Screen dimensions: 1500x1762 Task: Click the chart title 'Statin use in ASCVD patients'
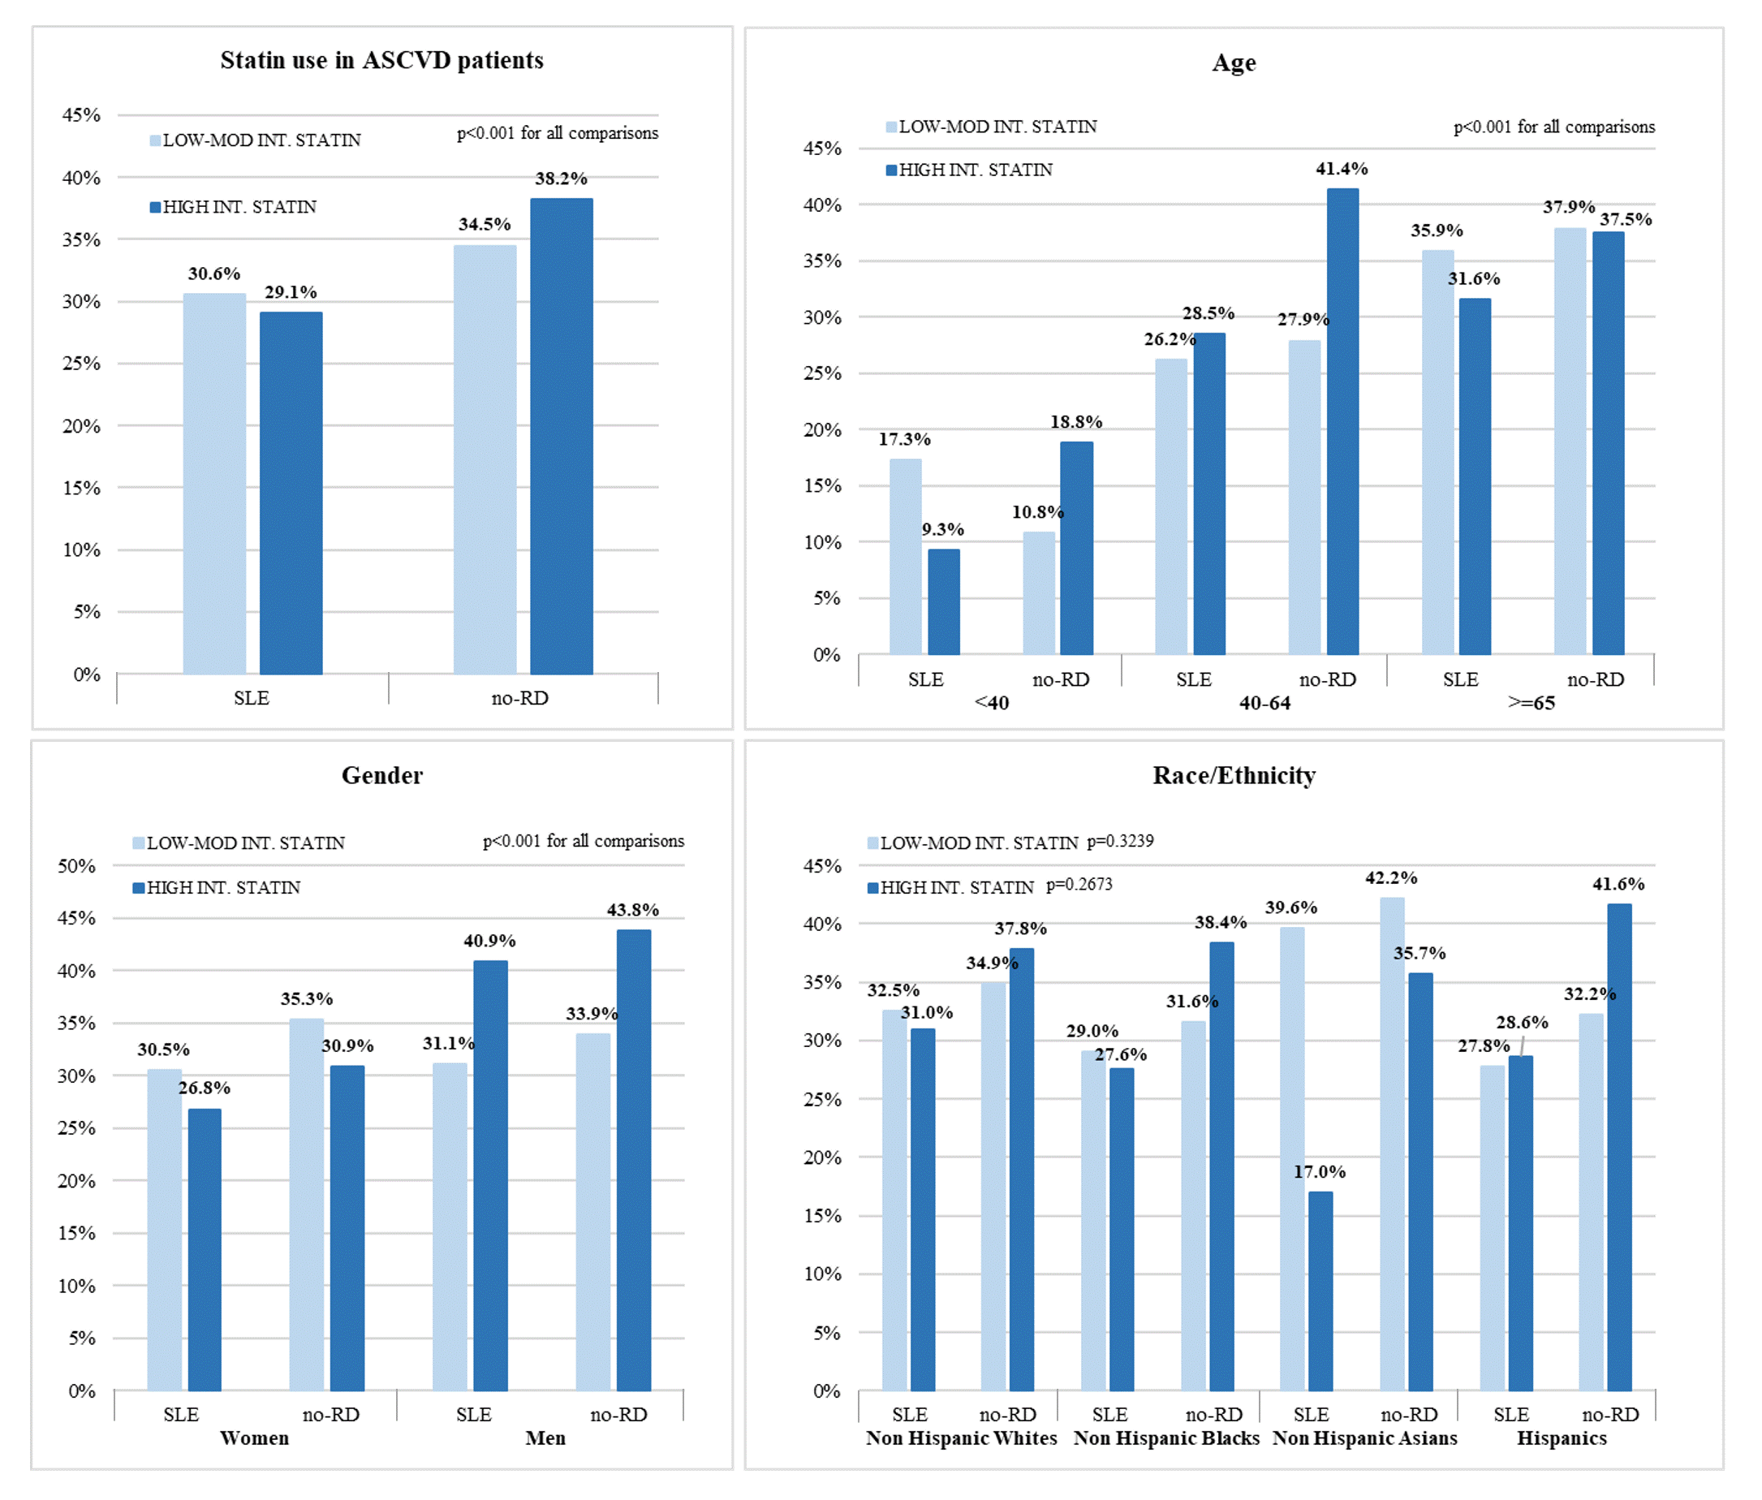[381, 60]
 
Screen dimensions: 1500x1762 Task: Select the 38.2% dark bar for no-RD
[562, 436]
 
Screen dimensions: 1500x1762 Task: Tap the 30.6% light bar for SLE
[214, 483]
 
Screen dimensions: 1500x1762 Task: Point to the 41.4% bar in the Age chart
[1342, 421]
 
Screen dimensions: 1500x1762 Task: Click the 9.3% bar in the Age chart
[943, 601]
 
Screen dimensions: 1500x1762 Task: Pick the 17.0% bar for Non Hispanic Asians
[1320, 1291]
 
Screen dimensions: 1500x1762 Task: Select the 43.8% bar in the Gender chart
[634, 1160]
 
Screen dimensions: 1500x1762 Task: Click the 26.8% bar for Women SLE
[204, 1249]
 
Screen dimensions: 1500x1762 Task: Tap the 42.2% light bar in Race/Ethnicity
[1391, 1144]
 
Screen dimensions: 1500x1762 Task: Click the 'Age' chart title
[1234, 63]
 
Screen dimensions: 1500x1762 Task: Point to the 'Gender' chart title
[381, 775]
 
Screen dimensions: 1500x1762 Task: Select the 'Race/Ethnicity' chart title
[1234, 775]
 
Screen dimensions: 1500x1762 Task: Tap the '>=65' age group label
[1531, 703]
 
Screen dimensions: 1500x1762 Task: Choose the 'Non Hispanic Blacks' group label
[1166, 1438]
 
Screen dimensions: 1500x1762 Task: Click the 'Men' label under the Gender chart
[545, 1438]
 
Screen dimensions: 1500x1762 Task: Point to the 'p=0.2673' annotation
[1079, 886]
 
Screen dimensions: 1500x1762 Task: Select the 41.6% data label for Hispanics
[1618, 885]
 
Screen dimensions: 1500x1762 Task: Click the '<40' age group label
[992, 703]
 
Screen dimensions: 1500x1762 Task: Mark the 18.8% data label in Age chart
[1075, 422]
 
